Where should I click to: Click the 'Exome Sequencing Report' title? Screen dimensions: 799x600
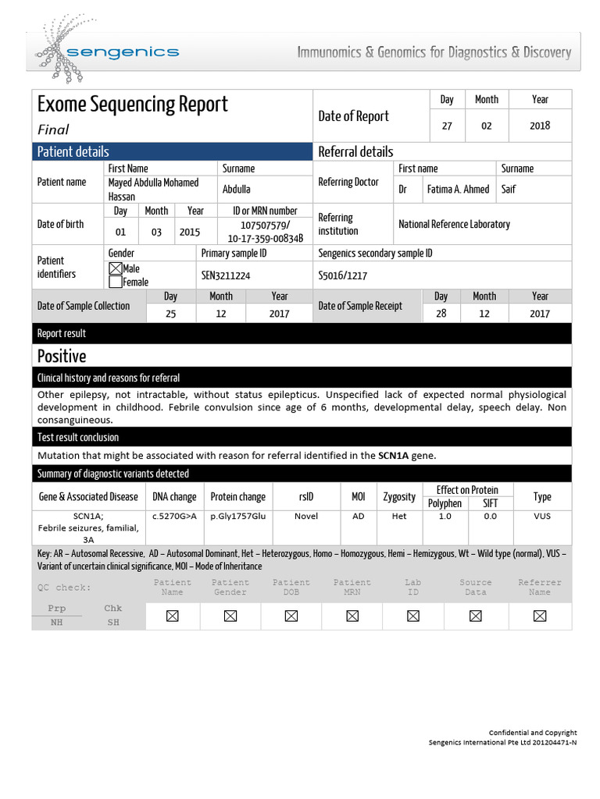pyautogui.click(x=133, y=105)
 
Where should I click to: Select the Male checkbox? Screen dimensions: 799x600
pyautogui.click(x=115, y=268)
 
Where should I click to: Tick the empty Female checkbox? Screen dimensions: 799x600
pyautogui.click(x=115, y=282)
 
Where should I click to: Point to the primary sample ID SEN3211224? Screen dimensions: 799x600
pyautogui.click(x=226, y=275)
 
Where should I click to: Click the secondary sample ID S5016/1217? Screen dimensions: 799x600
pyautogui.click(x=343, y=275)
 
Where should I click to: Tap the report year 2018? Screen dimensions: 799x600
pyautogui.click(x=540, y=126)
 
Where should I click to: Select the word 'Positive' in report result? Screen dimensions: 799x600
pyautogui.click(x=62, y=357)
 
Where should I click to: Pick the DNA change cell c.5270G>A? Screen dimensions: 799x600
pyautogui.click(x=174, y=516)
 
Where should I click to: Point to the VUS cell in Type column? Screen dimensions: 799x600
pyautogui.click(x=542, y=516)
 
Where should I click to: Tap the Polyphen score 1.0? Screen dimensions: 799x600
pyautogui.click(x=445, y=516)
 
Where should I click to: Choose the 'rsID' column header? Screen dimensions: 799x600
pyautogui.click(x=306, y=497)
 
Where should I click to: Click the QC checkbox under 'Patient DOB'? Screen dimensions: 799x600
pyautogui.click(x=291, y=616)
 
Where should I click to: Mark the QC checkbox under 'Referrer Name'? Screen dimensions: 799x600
pyautogui.click(x=539, y=616)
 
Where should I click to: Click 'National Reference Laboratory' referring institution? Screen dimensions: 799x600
pyautogui.click(x=454, y=225)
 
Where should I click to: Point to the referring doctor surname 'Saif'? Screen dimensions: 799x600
pyautogui.click(x=509, y=189)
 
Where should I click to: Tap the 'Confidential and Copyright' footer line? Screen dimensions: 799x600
pyautogui.click(x=533, y=733)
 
